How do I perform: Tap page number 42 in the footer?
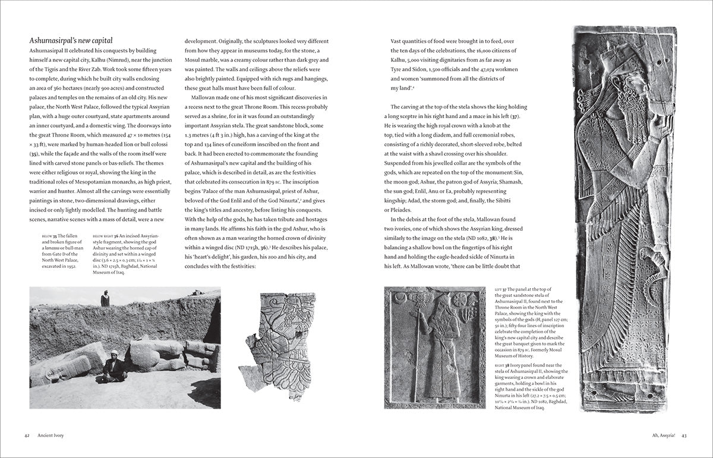27,435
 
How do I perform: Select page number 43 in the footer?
684,435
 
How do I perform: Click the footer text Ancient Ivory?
51,435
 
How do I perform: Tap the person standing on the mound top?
105,298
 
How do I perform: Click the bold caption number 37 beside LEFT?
507,289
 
